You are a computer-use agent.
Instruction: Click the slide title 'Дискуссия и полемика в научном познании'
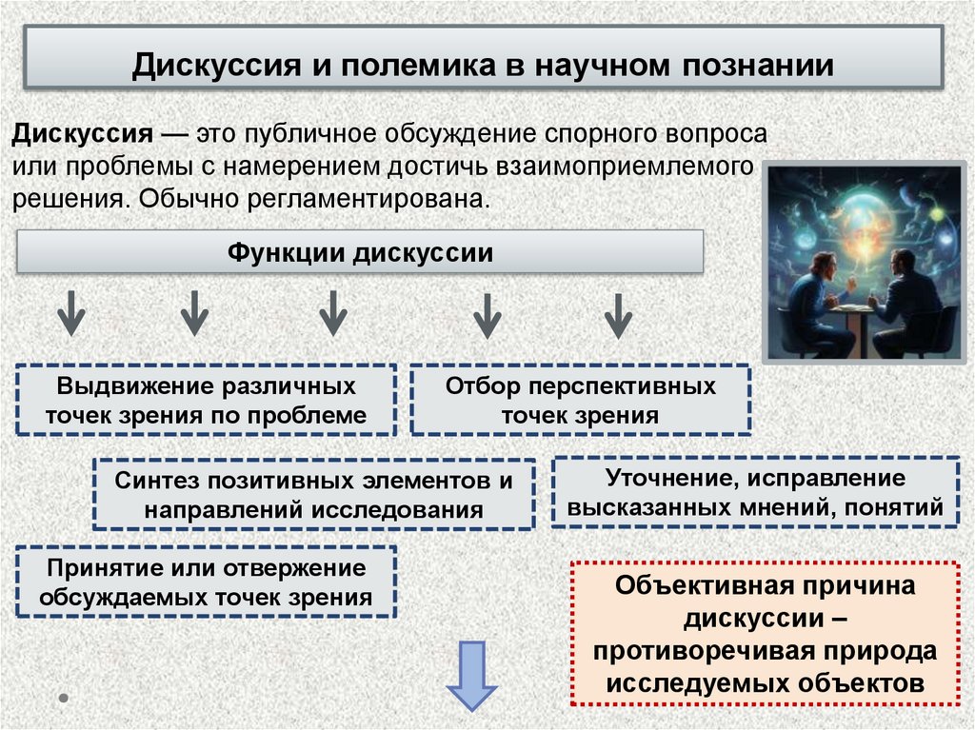483,66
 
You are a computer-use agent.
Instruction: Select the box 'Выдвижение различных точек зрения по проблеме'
207,401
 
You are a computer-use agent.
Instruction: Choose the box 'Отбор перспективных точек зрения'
580,401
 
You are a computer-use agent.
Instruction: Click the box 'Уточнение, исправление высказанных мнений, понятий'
754,493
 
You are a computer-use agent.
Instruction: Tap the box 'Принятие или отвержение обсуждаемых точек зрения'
207,582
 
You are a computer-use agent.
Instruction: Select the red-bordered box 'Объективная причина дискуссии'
766,634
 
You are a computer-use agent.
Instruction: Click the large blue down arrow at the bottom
472,674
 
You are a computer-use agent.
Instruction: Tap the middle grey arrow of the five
331,313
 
